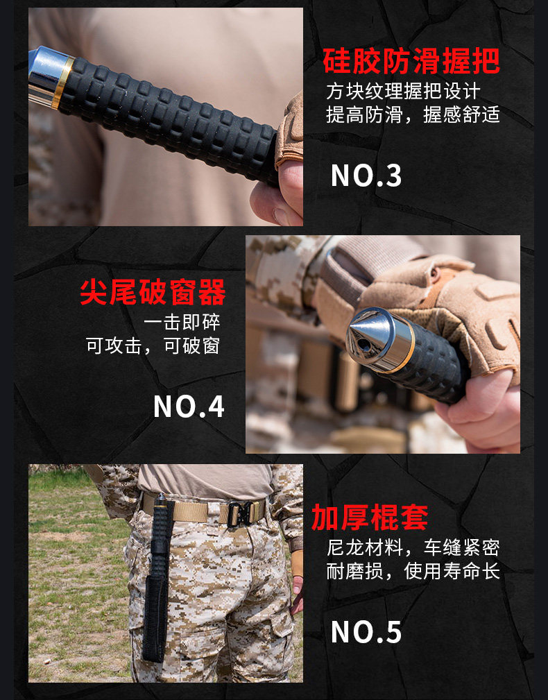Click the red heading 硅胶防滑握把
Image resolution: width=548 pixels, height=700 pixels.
(x=411, y=61)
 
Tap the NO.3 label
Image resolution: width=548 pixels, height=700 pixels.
(x=366, y=176)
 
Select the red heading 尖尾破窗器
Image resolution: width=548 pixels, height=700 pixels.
(x=153, y=292)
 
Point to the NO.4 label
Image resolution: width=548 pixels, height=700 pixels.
(x=189, y=407)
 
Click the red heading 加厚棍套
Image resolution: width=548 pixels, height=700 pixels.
(x=370, y=518)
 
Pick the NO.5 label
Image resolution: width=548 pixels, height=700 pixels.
(x=366, y=632)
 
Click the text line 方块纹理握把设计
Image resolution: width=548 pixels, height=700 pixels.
(x=403, y=92)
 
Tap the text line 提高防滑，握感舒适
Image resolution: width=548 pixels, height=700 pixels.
(x=413, y=114)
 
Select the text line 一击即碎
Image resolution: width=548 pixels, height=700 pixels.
(x=182, y=322)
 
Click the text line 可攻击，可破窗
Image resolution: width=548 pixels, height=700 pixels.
(x=153, y=345)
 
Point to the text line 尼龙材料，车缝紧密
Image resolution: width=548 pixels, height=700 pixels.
(x=413, y=548)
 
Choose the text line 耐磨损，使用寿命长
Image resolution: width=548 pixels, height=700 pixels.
(x=413, y=571)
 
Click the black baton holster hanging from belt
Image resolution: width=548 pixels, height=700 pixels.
(x=157, y=576)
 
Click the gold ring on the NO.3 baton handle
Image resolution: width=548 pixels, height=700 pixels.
(x=62, y=83)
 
